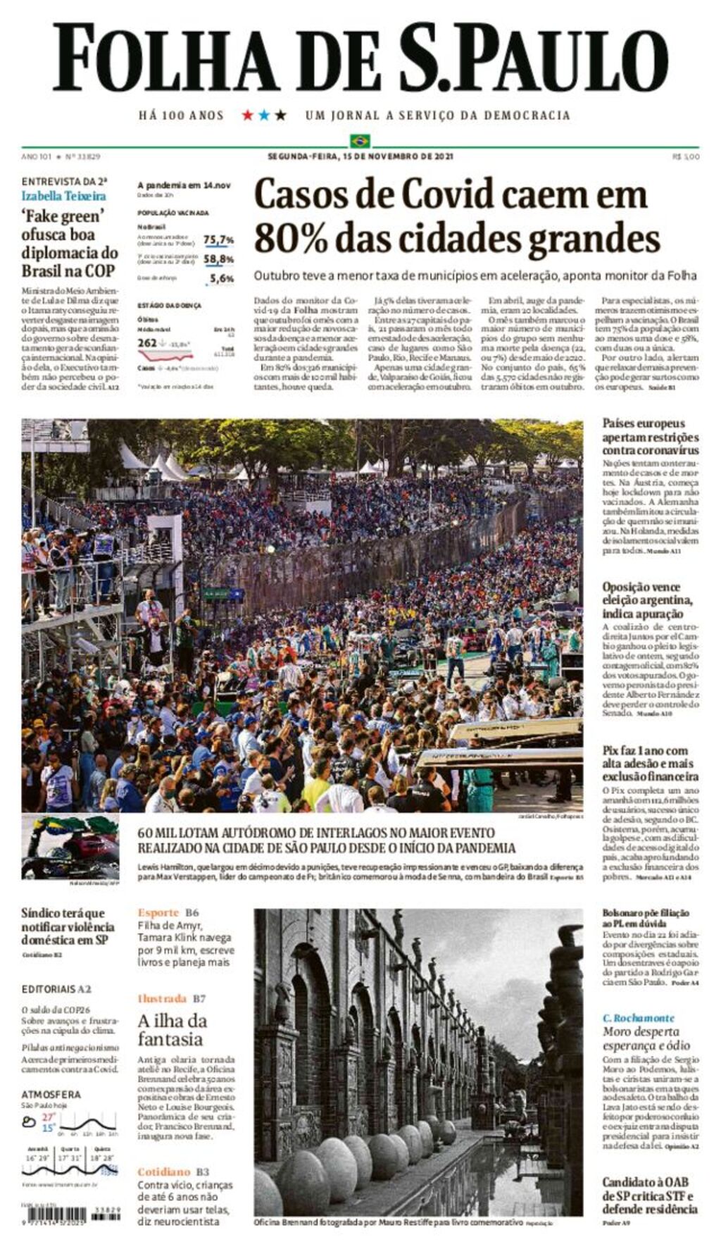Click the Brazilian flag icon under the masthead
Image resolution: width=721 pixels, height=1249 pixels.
pyautogui.click(x=360, y=140)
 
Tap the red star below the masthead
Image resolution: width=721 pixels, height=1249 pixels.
pyautogui.click(x=247, y=115)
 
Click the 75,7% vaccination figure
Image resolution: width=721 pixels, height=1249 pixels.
pyautogui.click(x=218, y=240)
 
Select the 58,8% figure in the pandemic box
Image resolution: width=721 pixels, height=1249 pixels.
pyautogui.click(x=218, y=259)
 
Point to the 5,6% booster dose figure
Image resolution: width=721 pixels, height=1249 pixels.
pyautogui.click(x=222, y=279)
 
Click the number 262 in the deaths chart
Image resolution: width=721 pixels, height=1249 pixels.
pyautogui.click(x=147, y=343)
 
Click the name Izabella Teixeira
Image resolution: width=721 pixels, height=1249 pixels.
pyautogui.click(x=63, y=196)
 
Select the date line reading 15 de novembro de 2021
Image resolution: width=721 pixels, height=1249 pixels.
pyautogui.click(x=360, y=156)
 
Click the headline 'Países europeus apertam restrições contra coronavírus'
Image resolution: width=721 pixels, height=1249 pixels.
pyautogui.click(x=650, y=436)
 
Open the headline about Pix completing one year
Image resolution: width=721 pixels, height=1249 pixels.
pyautogui.click(x=650, y=764)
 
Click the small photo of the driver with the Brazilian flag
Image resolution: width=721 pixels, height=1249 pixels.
pyautogui.click(x=70, y=847)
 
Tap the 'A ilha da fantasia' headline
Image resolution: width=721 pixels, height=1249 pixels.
pyautogui.click(x=173, y=1029)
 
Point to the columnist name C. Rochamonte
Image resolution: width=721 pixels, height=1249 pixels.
pyautogui.click(x=638, y=1018)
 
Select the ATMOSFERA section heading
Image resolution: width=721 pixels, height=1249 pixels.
pyautogui.click(x=51, y=1095)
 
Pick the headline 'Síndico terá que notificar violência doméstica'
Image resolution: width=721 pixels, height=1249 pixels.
pyautogui.click(x=68, y=926)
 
